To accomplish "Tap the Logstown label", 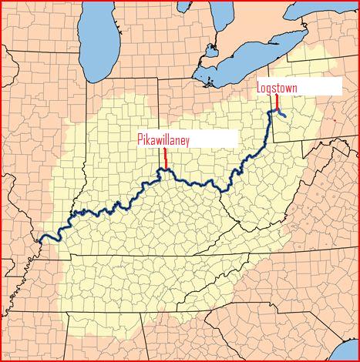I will (277, 88).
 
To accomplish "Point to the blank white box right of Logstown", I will (320, 86).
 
